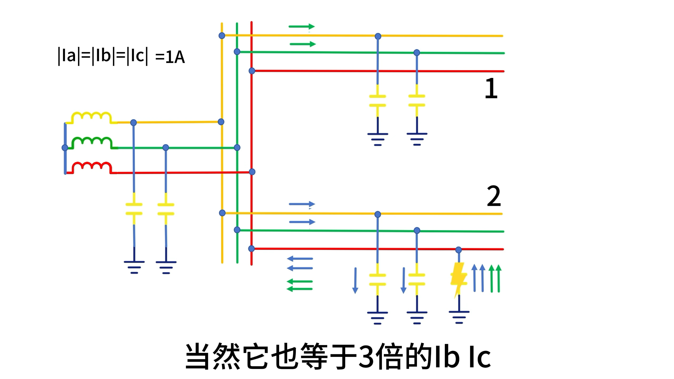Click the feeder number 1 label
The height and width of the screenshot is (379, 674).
pos(491,88)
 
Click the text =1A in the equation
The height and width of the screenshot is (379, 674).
pos(170,57)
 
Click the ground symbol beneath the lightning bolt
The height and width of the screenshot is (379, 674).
pos(459,317)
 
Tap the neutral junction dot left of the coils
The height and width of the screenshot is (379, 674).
pos(65,148)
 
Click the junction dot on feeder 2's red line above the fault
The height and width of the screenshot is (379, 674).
pos(459,250)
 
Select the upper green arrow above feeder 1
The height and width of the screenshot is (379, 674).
pos(302,27)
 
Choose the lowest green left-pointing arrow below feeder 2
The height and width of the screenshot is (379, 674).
pos(300,289)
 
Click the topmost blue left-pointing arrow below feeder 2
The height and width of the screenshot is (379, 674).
pos(300,259)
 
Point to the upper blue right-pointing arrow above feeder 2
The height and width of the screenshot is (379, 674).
pos(302,204)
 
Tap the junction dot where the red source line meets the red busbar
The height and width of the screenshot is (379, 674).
pos(252,172)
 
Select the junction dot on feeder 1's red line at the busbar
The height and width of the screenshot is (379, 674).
pos(252,71)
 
